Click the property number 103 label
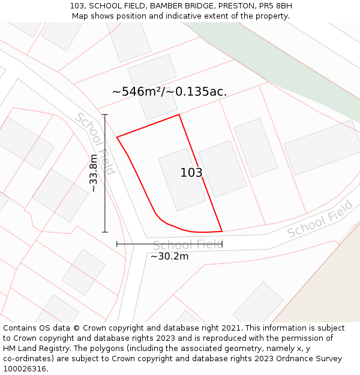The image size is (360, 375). (191, 173)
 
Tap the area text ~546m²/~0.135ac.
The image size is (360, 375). (169, 92)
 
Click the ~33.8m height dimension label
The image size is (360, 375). (93, 173)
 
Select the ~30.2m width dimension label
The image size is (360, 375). (169, 256)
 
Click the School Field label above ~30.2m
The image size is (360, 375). (187, 245)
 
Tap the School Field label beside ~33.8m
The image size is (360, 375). (95, 143)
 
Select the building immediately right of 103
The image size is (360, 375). (223, 169)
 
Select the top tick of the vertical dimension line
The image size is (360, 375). (105, 115)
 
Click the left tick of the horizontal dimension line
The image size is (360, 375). (117, 244)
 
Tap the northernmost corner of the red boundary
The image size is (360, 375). (179, 115)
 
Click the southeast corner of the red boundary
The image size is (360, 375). (222, 231)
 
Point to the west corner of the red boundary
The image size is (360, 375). (117, 137)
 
